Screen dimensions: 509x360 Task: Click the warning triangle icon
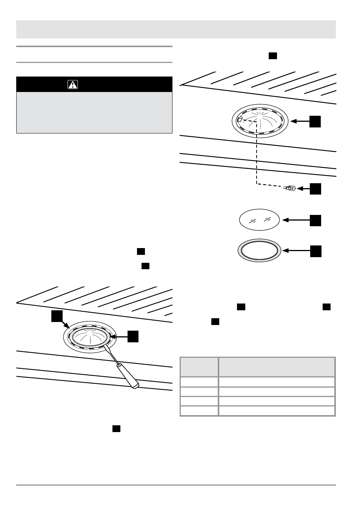click(x=73, y=84)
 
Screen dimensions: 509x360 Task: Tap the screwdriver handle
click(x=128, y=377)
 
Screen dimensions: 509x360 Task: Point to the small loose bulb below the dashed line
click(x=290, y=188)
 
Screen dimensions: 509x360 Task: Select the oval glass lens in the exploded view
click(x=260, y=219)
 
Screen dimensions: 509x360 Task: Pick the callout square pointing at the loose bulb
click(x=316, y=189)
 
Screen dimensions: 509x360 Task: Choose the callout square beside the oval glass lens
click(x=316, y=221)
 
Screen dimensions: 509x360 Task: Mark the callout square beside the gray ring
click(x=316, y=251)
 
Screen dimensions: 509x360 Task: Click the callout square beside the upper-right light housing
click(x=316, y=121)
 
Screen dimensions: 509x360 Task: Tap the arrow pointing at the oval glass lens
click(x=296, y=220)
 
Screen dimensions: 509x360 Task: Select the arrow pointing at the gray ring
click(x=296, y=250)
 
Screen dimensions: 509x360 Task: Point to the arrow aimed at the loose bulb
click(x=304, y=188)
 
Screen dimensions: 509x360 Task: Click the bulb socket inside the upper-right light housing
click(x=240, y=120)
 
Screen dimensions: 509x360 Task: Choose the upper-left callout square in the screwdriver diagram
click(x=57, y=317)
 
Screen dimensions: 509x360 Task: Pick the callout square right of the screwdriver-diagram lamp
click(x=133, y=336)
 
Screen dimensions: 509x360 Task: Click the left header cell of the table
click(x=199, y=366)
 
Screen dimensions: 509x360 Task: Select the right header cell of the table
click(x=277, y=366)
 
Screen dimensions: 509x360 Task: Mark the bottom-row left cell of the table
click(x=199, y=411)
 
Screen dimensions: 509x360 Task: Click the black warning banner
click(x=94, y=84)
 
